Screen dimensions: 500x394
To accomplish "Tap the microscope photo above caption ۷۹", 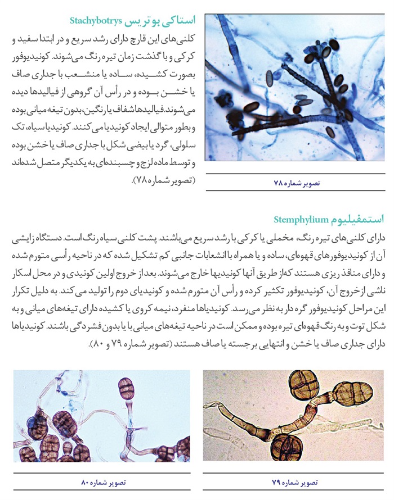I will pos(293,416).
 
